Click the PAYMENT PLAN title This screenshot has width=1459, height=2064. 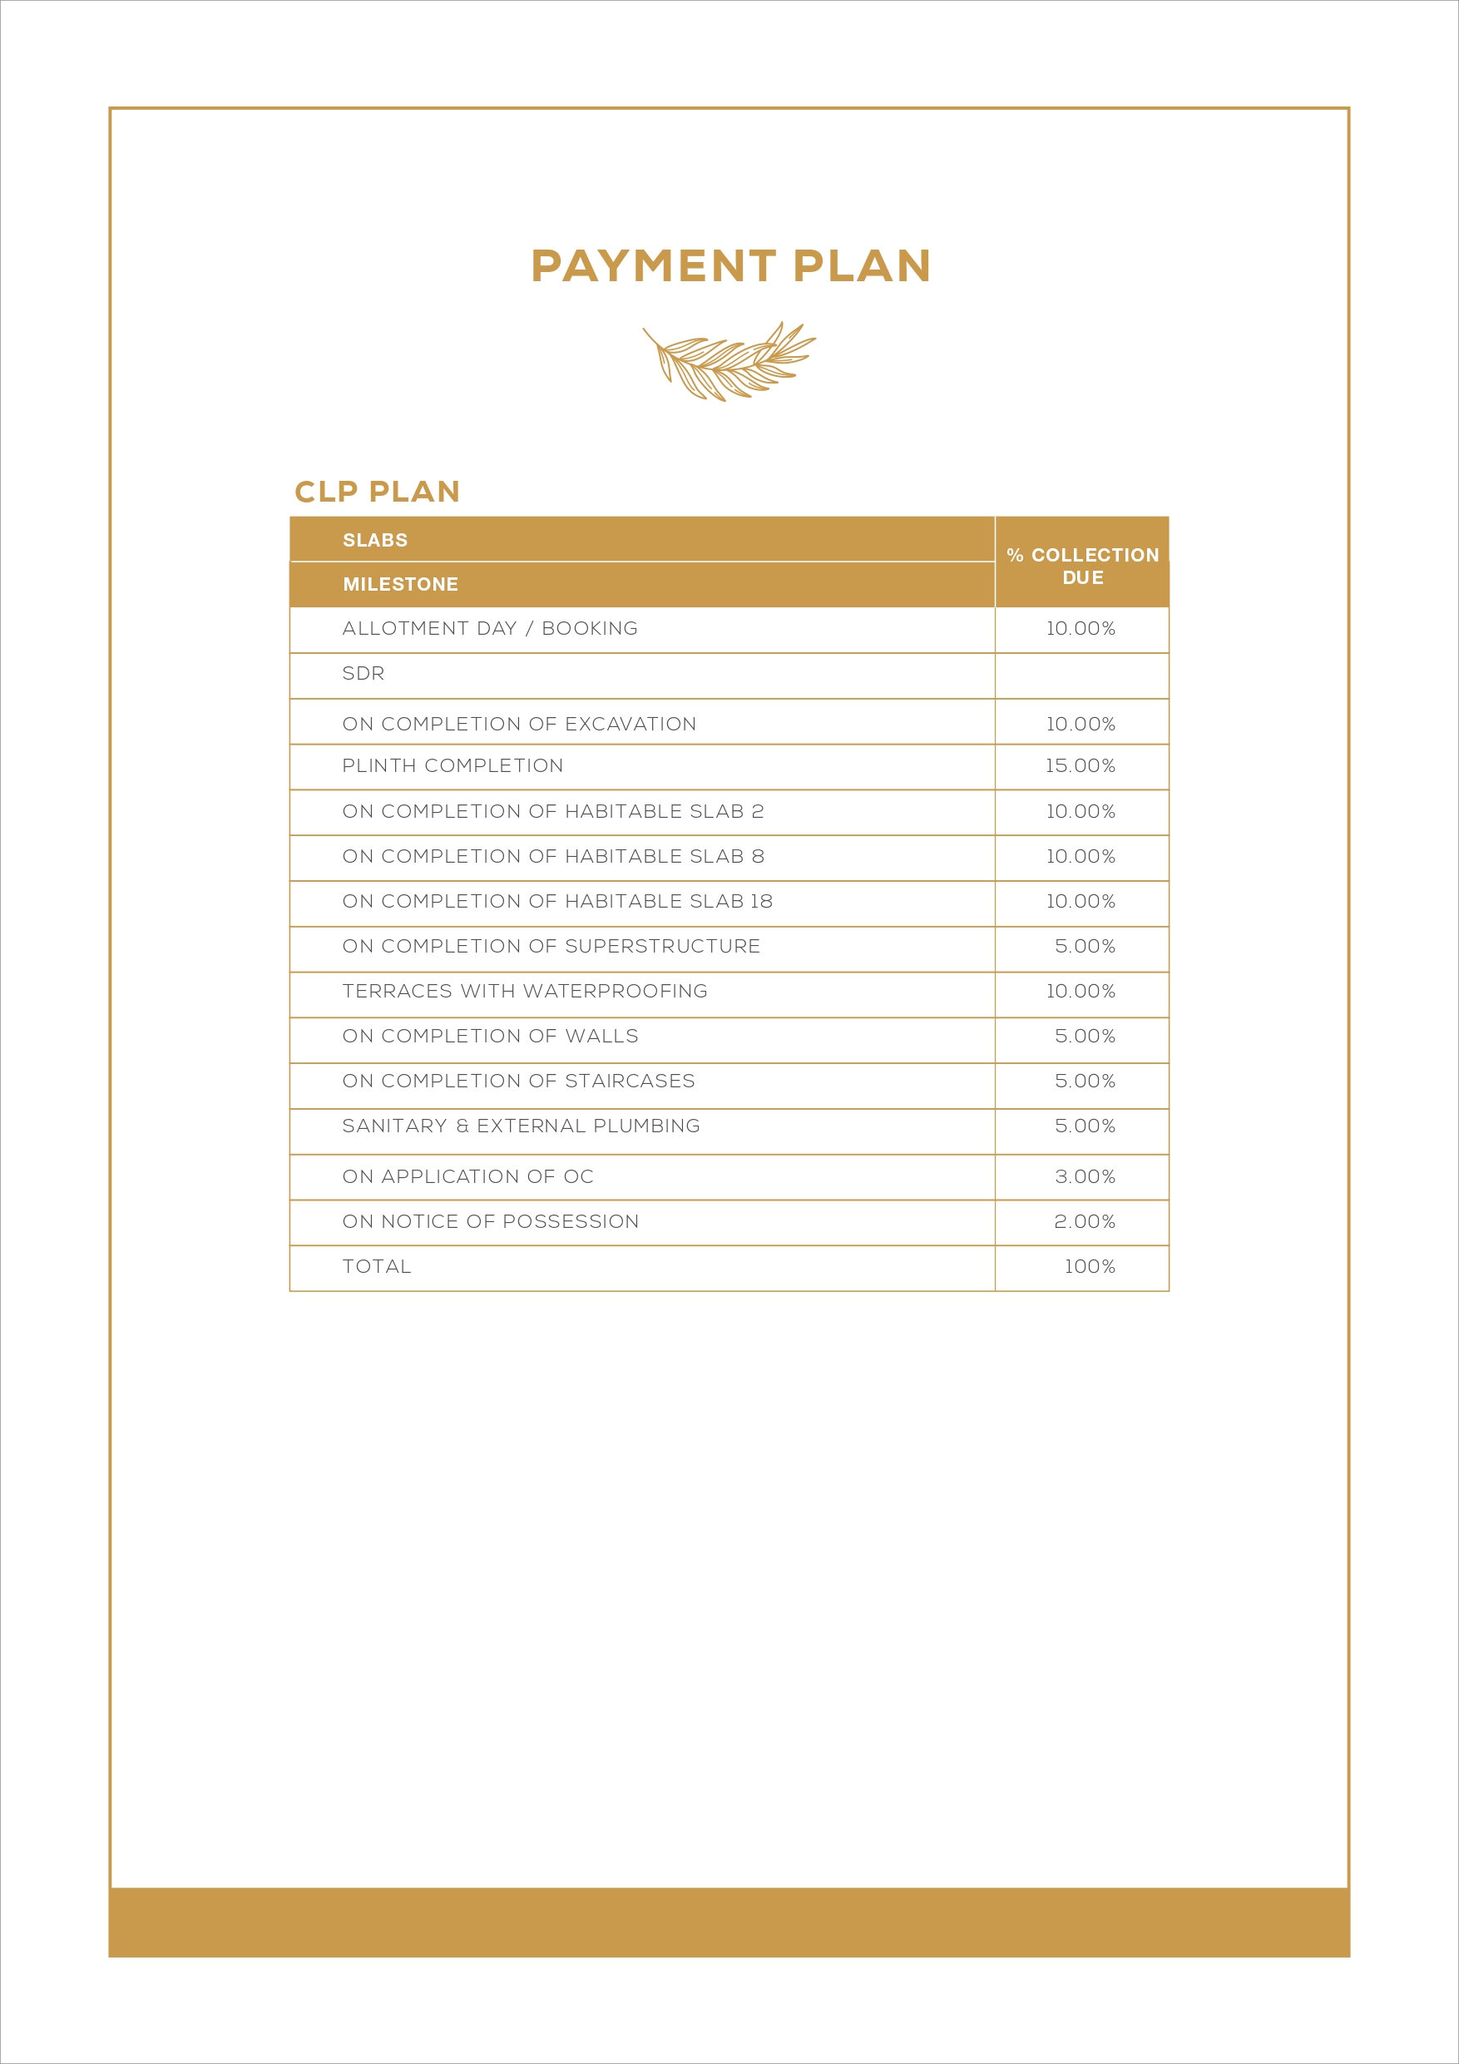[x=730, y=266]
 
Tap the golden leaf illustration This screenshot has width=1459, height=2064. [x=728, y=361]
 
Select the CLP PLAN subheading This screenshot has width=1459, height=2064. [x=377, y=492]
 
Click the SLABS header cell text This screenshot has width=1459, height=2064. [x=375, y=540]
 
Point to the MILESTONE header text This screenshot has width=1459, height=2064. [x=400, y=584]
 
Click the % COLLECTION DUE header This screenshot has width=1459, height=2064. [x=1082, y=567]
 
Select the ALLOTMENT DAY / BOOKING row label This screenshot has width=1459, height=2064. [x=490, y=628]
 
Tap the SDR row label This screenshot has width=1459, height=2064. [x=364, y=673]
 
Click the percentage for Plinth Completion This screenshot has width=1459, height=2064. [x=1080, y=766]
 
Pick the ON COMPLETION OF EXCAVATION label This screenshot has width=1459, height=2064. [x=519, y=724]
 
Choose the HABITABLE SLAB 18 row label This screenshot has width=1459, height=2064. [x=557, y=901]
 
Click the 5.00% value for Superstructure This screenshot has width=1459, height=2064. [x=1084, y=946]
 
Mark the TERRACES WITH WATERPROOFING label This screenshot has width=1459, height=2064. [x=525, y=991]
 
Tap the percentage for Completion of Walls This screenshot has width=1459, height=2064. [x=1084, y=1036]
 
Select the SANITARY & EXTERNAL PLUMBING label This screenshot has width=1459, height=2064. [x=521, y=1126]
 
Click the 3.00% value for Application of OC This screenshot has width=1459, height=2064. [x=1084, y=1176]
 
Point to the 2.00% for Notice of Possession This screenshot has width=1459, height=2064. [x=1084, y=1222]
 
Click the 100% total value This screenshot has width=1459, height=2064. [x=1090, y=1267]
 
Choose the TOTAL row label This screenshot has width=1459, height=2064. [x=377, y=1267]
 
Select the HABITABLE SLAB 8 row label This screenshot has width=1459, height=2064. [x=553, y=856]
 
